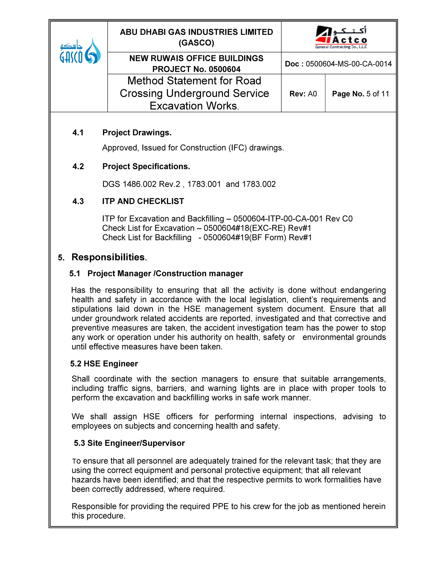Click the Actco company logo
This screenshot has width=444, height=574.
point(341,38)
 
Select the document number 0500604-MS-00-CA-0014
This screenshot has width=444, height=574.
point(349,64)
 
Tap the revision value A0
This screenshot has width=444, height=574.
point(312,94)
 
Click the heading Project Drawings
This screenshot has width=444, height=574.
point(137,133)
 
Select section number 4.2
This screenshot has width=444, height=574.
point(78,166)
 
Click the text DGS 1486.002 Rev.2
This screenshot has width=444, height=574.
point(141,184)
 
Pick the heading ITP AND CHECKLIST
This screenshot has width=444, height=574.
point(143,201)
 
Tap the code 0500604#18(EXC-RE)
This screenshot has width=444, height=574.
point(244,228)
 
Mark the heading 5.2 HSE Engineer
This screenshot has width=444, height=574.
point(104,364)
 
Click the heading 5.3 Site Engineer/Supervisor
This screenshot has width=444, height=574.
point(129,443)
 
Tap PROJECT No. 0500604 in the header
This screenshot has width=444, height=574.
point(196,69)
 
